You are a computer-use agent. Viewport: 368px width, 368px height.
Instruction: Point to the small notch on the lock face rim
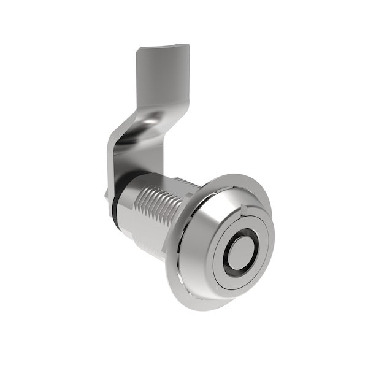tap(247, 210)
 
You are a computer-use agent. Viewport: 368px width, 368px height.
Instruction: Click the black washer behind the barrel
tap(114, 209)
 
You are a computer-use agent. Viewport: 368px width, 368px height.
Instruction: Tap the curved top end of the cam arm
tap(161, 47)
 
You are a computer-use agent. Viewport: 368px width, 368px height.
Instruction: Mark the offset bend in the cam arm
tap(138, 126)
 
